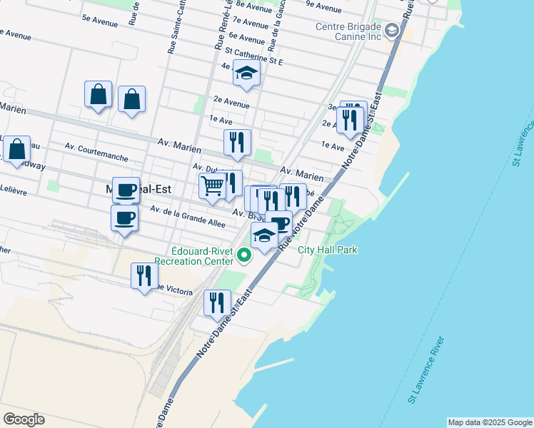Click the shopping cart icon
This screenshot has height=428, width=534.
tap(212, 186)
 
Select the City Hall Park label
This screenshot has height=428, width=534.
tap(328, 250)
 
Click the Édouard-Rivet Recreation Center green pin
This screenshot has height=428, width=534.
tap(244, 254)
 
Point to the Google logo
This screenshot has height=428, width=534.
tap(24, 419)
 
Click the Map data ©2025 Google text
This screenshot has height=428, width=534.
tap(490, 422)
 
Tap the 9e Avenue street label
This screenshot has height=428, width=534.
tap(323, 9)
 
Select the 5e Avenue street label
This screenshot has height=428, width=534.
tap(100, 22)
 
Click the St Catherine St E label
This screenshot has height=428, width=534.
tap(253, 56)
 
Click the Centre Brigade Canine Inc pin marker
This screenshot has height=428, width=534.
tap(392, 31)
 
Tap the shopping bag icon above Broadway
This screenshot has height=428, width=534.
tap(16, 150)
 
